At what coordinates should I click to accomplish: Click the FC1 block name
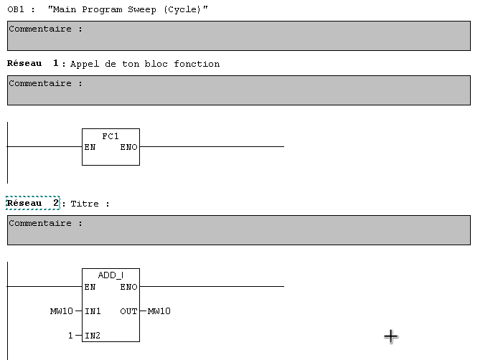[111, 136]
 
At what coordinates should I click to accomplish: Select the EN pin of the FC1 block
[90, 147]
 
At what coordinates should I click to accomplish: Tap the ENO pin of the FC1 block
[129, 147]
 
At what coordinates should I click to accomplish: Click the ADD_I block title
[111, 275]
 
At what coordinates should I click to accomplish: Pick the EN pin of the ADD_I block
[90, 287]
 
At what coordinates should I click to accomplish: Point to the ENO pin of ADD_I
[129, 287]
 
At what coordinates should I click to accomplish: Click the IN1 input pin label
[93, 311]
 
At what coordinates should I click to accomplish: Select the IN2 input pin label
[93, 336]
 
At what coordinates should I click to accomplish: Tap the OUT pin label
[129, 311]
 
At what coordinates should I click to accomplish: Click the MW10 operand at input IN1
[62, 311]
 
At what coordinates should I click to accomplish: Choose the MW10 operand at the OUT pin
[159, 311]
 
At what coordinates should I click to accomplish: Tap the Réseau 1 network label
[33, 64]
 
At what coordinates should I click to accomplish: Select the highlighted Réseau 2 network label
[33, 204]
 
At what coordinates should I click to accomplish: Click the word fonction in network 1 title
[200, 64]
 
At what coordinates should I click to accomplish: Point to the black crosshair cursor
[390, 336]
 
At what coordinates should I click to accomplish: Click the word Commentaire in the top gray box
[40, 29]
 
